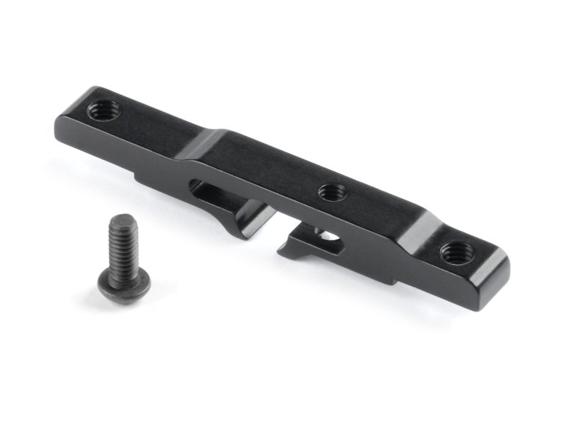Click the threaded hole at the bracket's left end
click(x=105, y=110)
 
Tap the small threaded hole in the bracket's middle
click(x=330, y=192)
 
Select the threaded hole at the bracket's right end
click(x=454, y=251)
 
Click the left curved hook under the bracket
click(x=251, y=223)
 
